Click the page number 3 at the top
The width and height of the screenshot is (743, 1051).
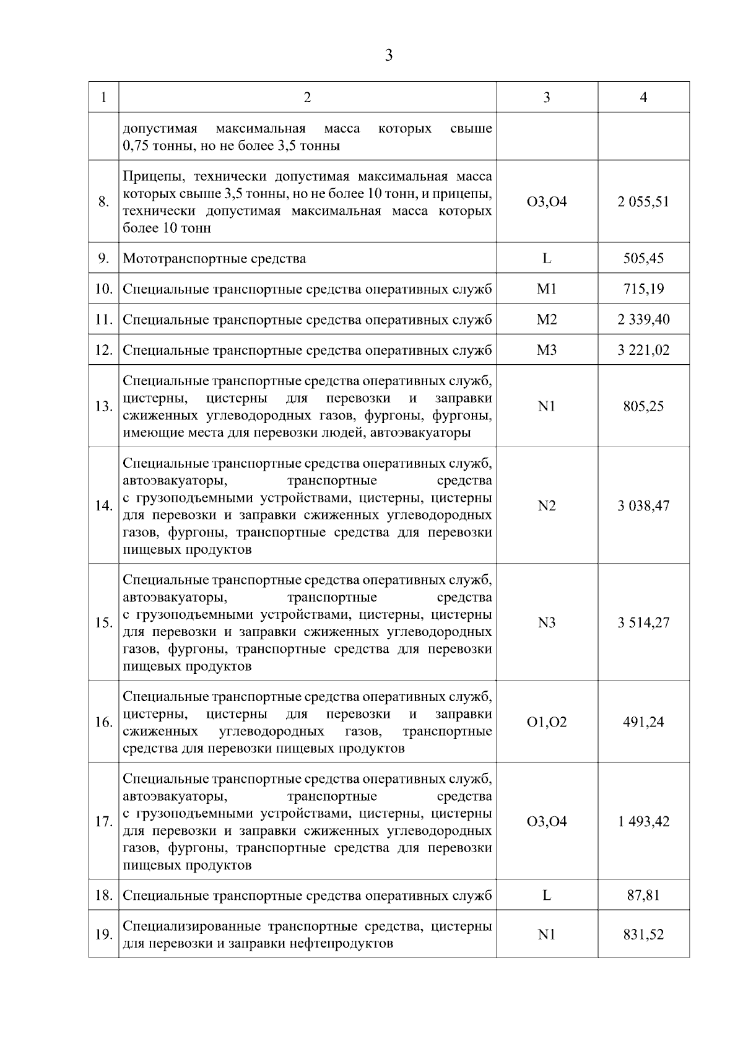click(388, 56)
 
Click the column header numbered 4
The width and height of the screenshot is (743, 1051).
click(643, 97)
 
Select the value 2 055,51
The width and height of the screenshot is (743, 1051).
click(643, 202)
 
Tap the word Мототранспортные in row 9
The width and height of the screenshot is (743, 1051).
click(168, 258)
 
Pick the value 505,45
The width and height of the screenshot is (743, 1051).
click(643, 258)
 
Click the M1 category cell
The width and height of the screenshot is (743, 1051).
click(547, 289)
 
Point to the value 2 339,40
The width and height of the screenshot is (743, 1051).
click(643, 320)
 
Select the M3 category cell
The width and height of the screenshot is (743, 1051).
click(547, 351)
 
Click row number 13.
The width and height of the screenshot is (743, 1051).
click(103, 406)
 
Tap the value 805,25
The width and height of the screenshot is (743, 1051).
click(643, 406)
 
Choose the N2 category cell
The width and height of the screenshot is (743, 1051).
click(547, 506)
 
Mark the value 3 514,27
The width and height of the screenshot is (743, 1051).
click(643, 622)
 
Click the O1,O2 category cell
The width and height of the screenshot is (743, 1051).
click(547, 722)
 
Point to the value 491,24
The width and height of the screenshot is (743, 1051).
click(643, 722)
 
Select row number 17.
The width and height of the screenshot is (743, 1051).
click(103, 822)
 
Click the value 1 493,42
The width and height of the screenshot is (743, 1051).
click(643, 822)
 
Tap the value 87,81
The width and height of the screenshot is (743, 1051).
click(643, 896)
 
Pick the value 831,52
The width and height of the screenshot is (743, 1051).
click(643, 935)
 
